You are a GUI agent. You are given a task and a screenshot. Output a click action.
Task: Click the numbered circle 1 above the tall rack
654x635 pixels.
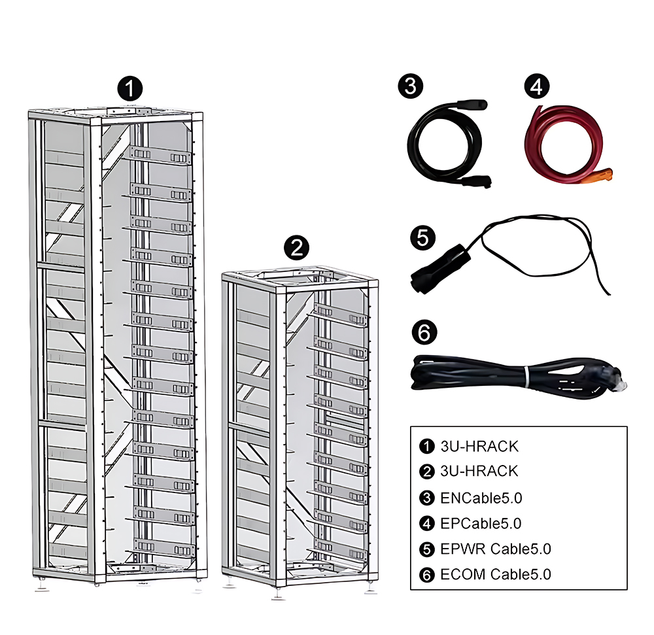131,88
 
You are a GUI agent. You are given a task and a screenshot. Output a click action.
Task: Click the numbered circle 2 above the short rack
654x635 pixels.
297,247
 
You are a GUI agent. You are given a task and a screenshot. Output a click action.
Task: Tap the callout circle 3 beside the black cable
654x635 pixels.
410,87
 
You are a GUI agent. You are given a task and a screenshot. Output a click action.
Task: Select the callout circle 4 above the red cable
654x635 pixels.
537,87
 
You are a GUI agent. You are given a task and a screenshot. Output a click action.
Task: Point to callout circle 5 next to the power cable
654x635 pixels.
422,236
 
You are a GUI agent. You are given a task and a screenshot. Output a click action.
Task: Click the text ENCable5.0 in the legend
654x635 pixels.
482,498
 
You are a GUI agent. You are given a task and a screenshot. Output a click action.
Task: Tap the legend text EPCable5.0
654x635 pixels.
481,523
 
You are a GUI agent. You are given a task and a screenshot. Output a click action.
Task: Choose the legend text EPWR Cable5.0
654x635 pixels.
496,549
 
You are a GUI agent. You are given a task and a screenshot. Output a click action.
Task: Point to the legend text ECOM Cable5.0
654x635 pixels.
496,574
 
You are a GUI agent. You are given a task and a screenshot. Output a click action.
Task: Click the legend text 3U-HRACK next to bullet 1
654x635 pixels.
479,447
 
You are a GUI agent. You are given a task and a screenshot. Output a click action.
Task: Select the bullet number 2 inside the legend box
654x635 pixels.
426,472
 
